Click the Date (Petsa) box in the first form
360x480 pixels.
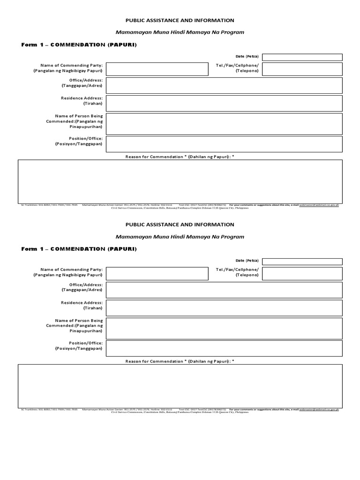(x=302, y=57)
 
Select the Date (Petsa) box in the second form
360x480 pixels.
(x=302, y=262)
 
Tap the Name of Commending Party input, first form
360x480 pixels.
(x=157, y=68)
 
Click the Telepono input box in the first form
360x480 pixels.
(x=302, y=68)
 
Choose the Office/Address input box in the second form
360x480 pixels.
(x=224, y=290)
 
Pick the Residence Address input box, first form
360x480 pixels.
(x=224, y=104)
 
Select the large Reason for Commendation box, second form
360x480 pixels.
(x=180, y=386)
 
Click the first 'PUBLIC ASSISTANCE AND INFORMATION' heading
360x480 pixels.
(x=180, y=21)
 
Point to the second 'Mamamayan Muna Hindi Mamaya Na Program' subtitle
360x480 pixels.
(x=180, y=237)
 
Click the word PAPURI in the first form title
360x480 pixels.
(x=122, y=44)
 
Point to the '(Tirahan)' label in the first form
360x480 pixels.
(x=93, y=104)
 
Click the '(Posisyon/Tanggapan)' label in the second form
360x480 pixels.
(x=79, y=349)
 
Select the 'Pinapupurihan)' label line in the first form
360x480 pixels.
(x=86, y=127)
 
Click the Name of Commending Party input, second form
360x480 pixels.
(x=157, y=273)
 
